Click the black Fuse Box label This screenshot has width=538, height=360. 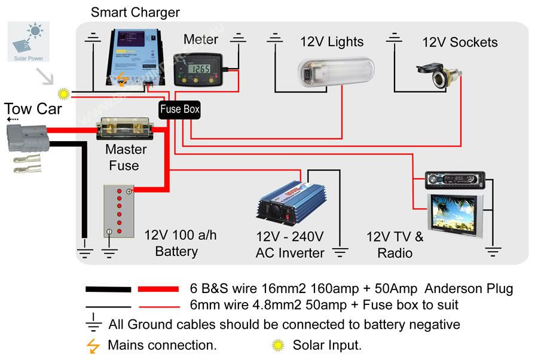pos(179,109)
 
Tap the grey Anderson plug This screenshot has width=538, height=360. pos(26,137)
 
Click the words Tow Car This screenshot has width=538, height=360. pos(33,109)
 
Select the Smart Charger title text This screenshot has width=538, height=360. pos(135,12)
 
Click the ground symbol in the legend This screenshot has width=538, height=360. pos(94,324)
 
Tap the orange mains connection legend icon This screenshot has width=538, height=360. pos(93,345)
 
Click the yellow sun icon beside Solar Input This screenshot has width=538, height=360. pos(278,345)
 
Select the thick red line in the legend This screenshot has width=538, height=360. pos(158,289)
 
